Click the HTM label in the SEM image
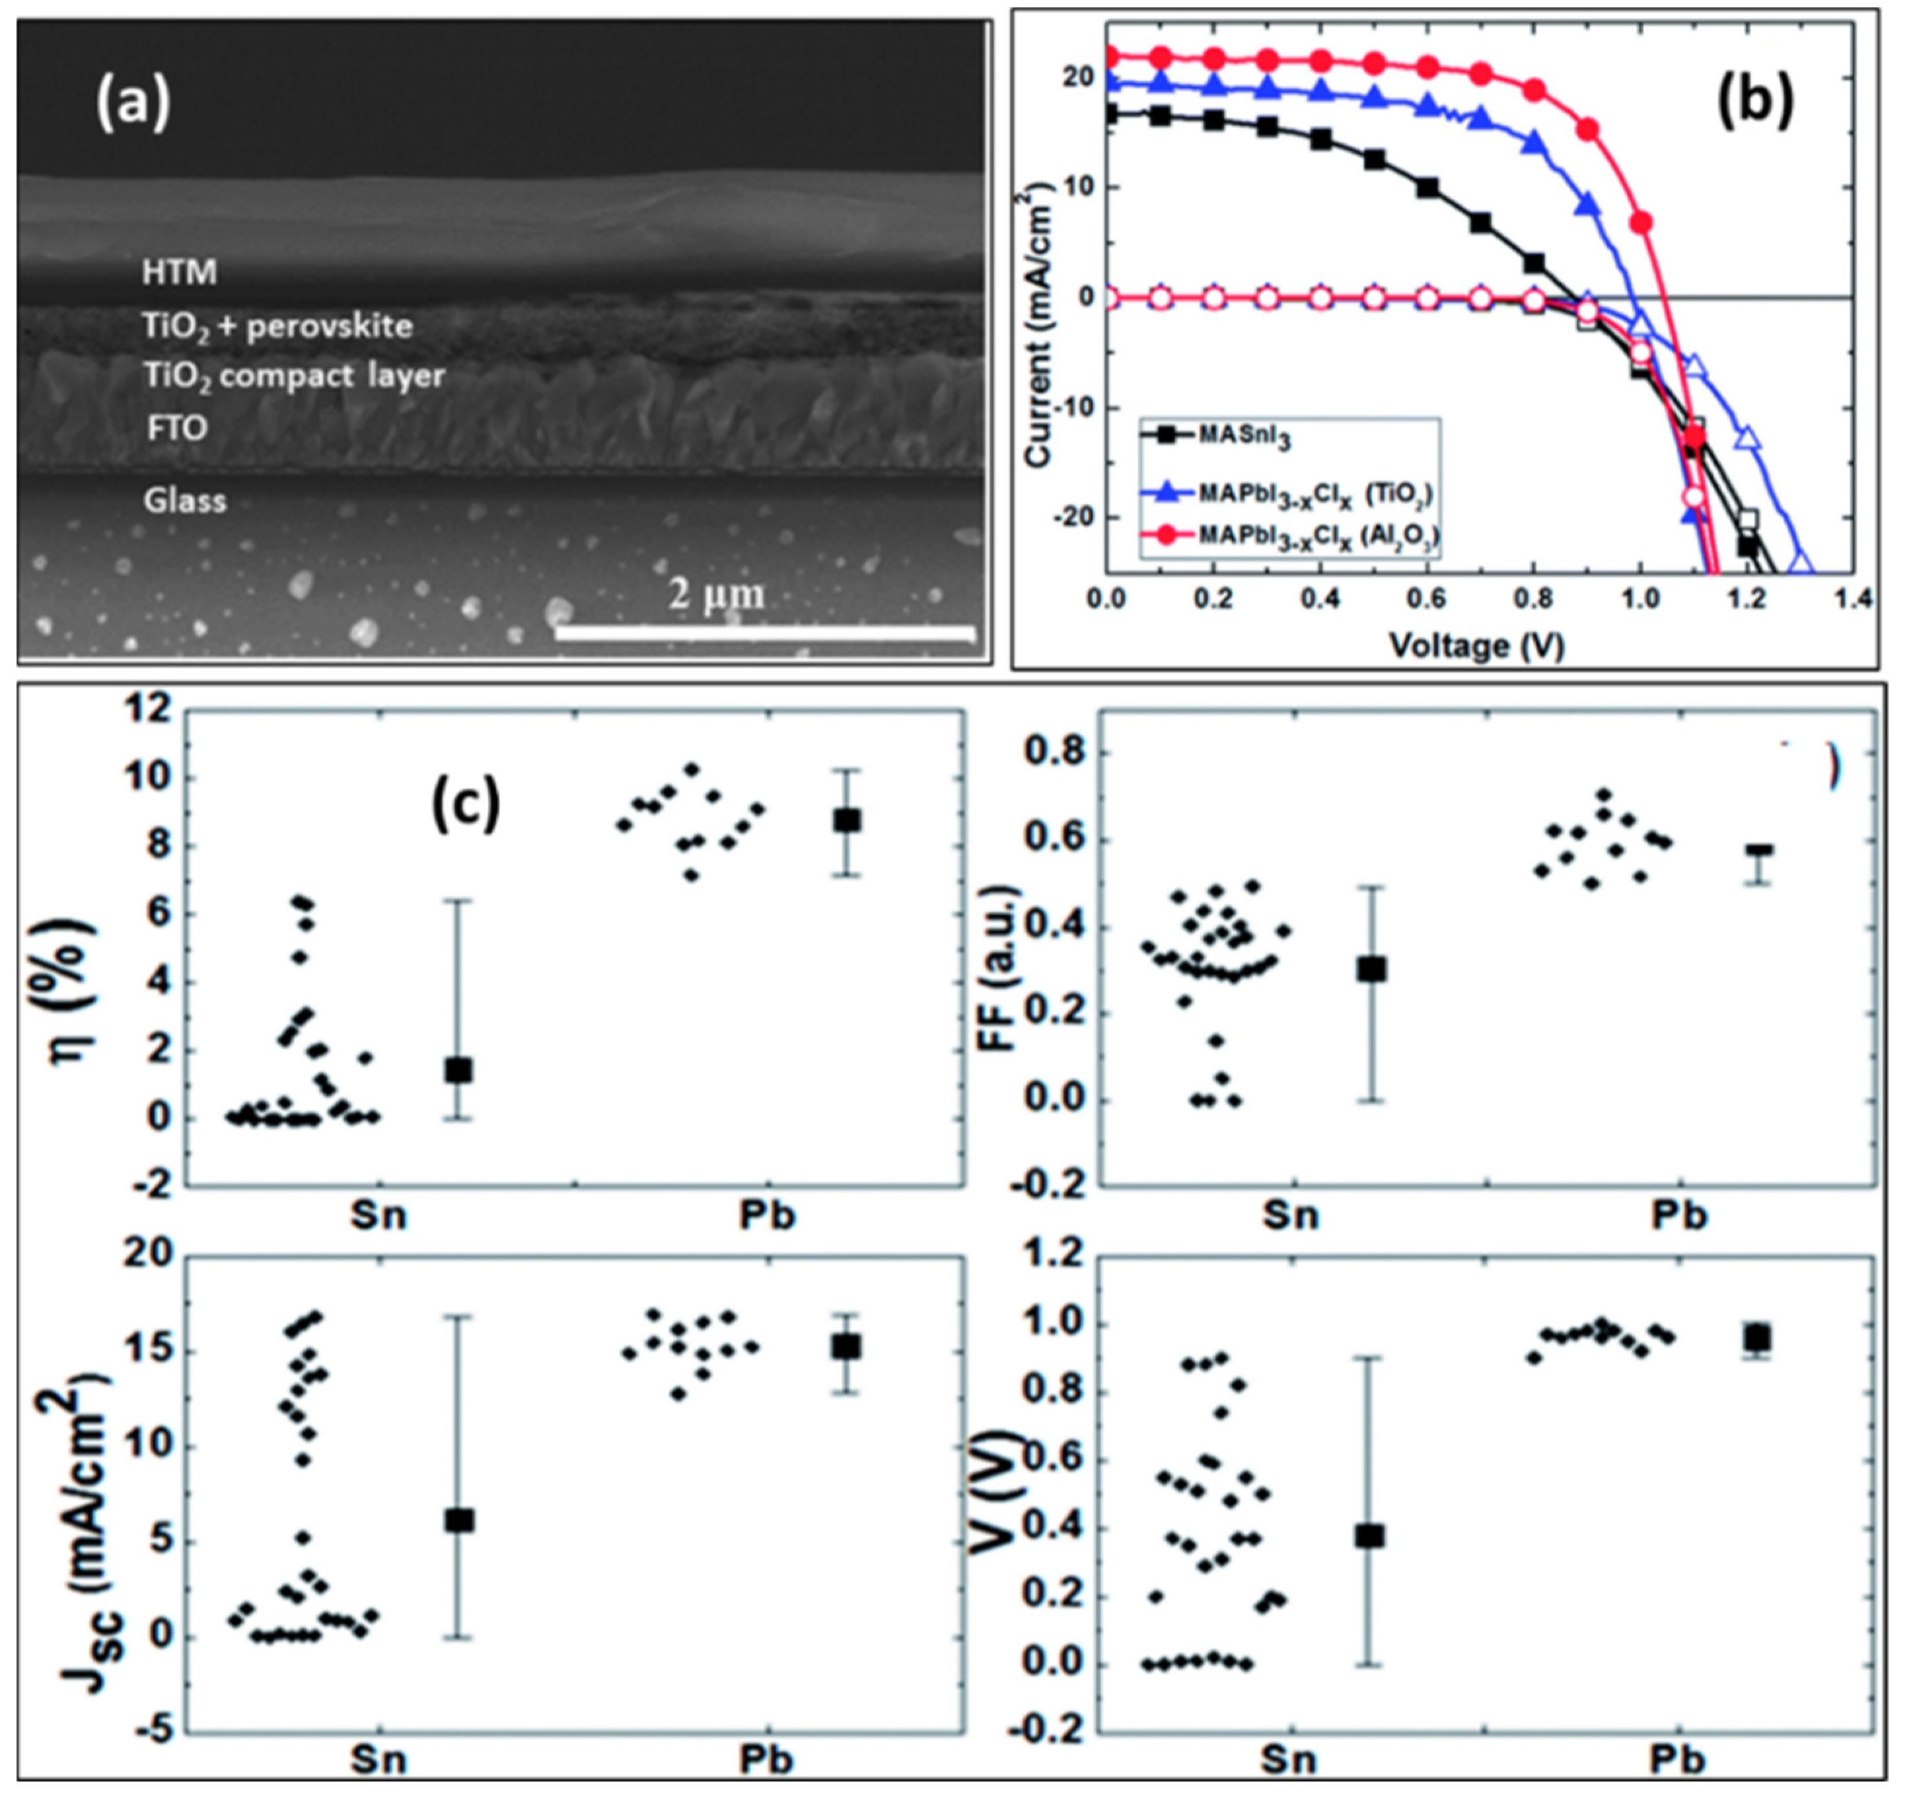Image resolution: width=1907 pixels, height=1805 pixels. pyautogui.click(x=179, y=272)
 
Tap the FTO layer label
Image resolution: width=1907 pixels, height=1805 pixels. pyautogui.click(x=177, y=427)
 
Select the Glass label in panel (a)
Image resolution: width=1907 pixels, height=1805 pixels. pyautogui.click(x=185, y=501)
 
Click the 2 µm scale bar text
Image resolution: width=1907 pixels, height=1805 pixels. pyautogui.click(x=717, y=594)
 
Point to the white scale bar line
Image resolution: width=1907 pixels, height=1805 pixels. pyautogui.click(x=765, y=632)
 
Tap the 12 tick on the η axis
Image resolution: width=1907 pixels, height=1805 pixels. pyautogui.click(x=151, y=710)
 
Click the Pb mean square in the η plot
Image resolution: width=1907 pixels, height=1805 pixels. pyautogui.click(x=847, y=820)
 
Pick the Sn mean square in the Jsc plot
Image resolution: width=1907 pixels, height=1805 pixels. pyautogui.click(x=459, y=1521)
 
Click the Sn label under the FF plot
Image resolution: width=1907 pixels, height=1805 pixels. pyautogui.click(x=1290, y=1215)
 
